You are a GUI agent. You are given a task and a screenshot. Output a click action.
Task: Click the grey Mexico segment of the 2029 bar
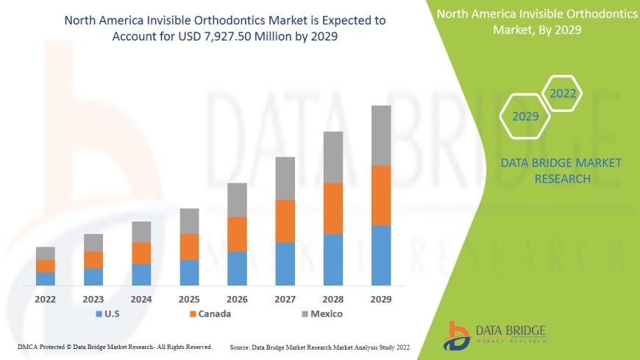[x=381, y=135]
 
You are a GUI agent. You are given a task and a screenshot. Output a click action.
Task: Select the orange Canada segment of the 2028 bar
[x=333, y=208]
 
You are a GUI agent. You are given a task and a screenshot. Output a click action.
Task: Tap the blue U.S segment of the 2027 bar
[x=285, y=264]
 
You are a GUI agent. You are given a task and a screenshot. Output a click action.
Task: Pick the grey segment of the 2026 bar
[x=237, y=200]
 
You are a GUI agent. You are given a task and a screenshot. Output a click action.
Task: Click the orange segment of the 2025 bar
[x=189, y=247]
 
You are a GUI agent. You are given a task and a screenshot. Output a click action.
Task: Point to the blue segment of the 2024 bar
[x=141, y=275]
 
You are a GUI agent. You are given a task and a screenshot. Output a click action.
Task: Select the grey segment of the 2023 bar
[x=93, y=243]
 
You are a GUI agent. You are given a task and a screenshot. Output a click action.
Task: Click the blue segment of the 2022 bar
[x=46, y=279]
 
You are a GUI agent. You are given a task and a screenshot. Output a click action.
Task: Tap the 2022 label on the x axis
[x=46, y=300]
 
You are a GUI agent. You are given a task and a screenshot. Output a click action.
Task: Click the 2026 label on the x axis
[x=237, y=300]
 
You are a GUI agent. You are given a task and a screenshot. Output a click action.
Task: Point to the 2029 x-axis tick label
[x=381, y=300]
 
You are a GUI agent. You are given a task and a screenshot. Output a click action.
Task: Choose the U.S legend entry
[x=108, y=314]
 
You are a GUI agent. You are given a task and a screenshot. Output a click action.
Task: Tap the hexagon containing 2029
[x=525, y=116]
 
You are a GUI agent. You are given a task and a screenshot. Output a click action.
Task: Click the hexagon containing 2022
[x=563, y=93]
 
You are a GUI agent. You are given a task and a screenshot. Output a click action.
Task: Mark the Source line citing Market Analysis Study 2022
[x=319, y=346]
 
